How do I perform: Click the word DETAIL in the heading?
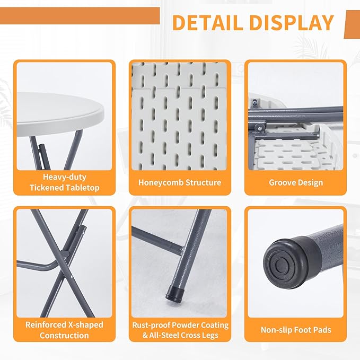pos(207,22)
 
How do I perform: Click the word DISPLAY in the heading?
pos(292,22)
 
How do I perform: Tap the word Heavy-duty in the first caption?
pos(65,177)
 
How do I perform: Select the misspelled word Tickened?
pos(46,188)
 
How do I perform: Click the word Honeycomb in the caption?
pos(161,182)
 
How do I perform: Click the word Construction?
pos(64,336)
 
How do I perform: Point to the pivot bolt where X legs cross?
pos(66,254)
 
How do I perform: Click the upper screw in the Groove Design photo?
pos(254,102)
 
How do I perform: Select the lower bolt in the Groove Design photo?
pos(259,128)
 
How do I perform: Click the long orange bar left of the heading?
pos(80,15)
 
